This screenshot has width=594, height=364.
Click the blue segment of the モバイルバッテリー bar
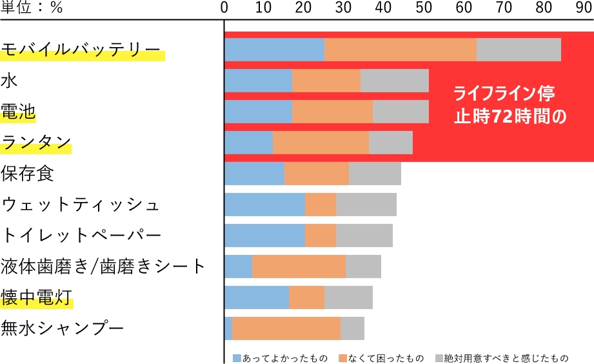tap(274, 50)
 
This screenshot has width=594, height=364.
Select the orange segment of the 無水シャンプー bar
tap(286, 329)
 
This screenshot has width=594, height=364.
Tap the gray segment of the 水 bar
tap(394, 81)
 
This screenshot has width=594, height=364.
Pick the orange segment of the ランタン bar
tap(321, 143)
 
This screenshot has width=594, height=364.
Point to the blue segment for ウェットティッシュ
tap(264, 205)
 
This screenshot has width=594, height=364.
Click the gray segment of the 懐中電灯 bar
tap(348, 298)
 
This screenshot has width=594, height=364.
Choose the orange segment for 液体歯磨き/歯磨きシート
tap(299, 267)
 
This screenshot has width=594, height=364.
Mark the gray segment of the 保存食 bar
tap(375, 174)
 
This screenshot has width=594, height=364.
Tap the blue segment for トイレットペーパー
tap(264, 236)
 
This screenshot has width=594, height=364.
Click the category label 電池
tap(18, 112)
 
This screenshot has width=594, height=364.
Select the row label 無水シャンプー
tap(62, 329)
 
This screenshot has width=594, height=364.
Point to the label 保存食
tap(27, 174)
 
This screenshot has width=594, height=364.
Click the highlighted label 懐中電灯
tap(36, 298)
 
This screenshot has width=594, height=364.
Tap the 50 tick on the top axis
tap(424, 9)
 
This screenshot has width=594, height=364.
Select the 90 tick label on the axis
tap(584, 9)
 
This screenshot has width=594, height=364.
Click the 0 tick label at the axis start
tap(224, 9)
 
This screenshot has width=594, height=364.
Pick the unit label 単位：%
tap(32, 9)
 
